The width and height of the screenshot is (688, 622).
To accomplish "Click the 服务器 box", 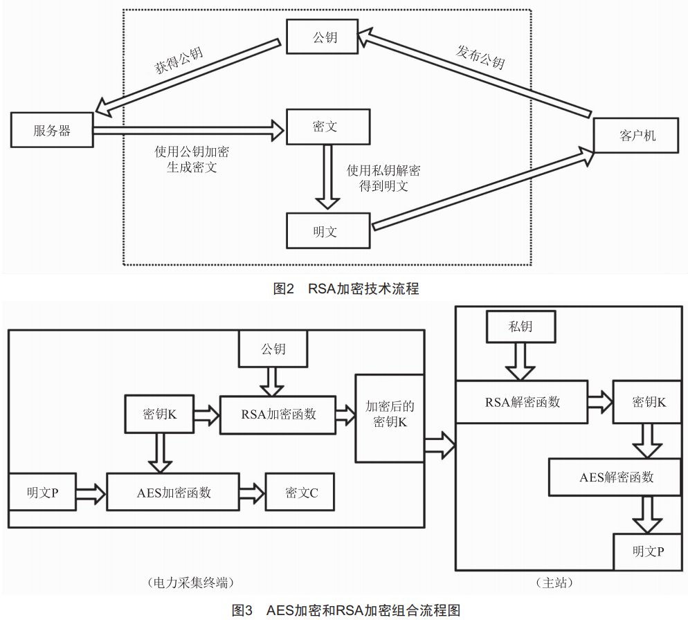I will [x=52, y=131].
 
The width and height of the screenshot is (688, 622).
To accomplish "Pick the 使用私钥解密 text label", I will [x=383, y=170].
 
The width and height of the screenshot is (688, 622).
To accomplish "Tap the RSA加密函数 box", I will [x=278, y=414].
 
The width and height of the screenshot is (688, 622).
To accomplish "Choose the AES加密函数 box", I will [x=173, y=492].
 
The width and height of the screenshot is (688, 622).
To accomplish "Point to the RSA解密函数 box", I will [x=521, y=401].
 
